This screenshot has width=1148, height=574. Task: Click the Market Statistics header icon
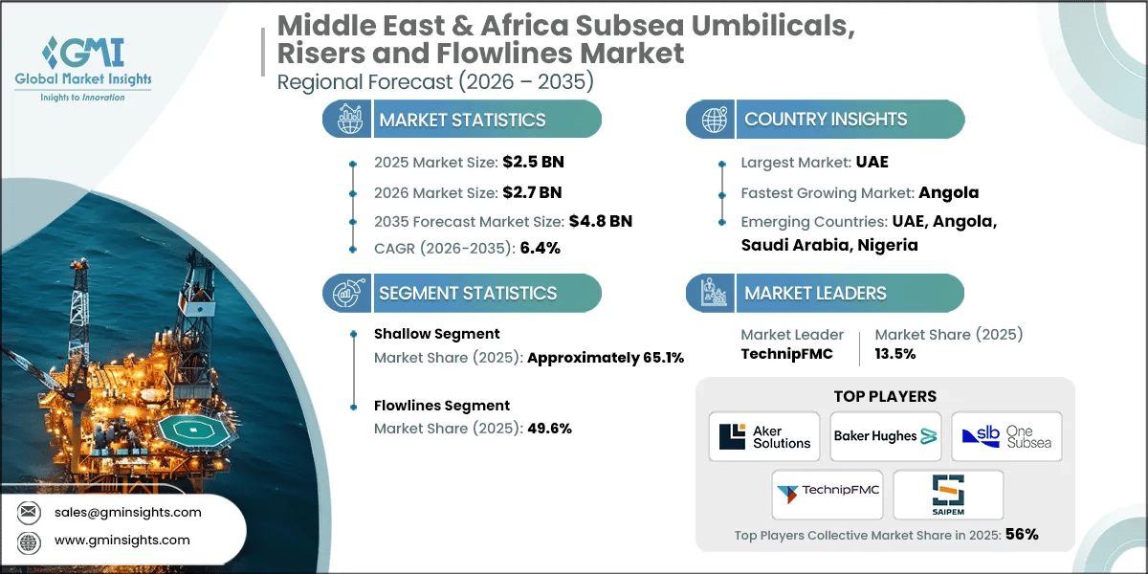[x=346, y=120]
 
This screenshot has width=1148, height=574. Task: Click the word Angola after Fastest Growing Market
[x=949, y=192]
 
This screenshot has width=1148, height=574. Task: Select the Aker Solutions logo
[x=764, y=436]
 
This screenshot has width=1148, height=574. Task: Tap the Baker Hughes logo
[x=885, y=436]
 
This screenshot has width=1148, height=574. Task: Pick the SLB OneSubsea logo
[x=1006, y=436]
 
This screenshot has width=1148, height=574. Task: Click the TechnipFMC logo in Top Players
[x=828, y=494]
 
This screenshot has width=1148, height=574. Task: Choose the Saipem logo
[x=948, y=494]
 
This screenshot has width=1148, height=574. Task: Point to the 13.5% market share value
[x=895, y=353]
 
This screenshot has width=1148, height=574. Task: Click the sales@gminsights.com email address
[x=127, y=512]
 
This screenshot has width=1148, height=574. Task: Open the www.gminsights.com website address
[x=122, y=541]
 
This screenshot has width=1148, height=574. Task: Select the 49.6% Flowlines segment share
[x=549, y=429]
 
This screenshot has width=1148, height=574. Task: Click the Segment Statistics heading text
[x=468, y=293]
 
